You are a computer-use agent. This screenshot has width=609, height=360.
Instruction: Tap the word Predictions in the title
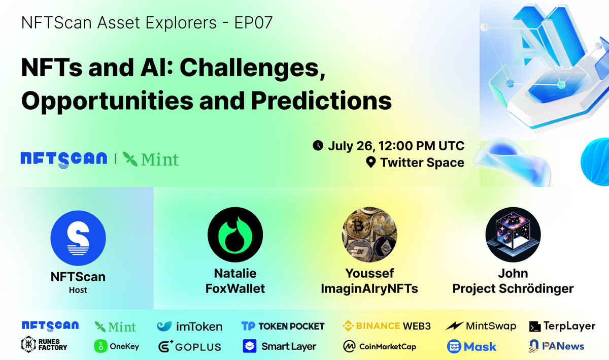point(322,101)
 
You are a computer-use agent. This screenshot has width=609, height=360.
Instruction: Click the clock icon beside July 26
point(318,146)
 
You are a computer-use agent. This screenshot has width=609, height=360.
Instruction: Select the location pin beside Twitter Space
point(371,163)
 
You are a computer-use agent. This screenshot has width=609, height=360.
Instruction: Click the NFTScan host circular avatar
point(78,238)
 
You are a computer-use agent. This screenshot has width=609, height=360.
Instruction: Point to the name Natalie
point(235,274)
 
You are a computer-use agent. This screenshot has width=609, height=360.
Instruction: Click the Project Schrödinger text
point(513,289)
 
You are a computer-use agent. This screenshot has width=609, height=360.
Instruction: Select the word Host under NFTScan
point(78,290)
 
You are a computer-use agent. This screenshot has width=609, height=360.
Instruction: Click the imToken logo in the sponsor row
point(189,326)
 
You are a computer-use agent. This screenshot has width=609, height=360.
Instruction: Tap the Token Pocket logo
point(283,326)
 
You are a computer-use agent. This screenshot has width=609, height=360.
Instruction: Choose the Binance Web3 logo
point(387,326)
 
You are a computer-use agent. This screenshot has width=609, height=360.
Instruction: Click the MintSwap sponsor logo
point(481,326)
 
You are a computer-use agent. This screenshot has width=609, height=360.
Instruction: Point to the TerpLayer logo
point(562,326)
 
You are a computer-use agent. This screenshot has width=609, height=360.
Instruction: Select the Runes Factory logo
point(44,346)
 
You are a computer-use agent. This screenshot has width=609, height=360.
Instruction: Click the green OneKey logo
point(117,346)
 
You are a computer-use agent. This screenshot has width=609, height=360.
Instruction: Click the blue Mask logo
point(471,346)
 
